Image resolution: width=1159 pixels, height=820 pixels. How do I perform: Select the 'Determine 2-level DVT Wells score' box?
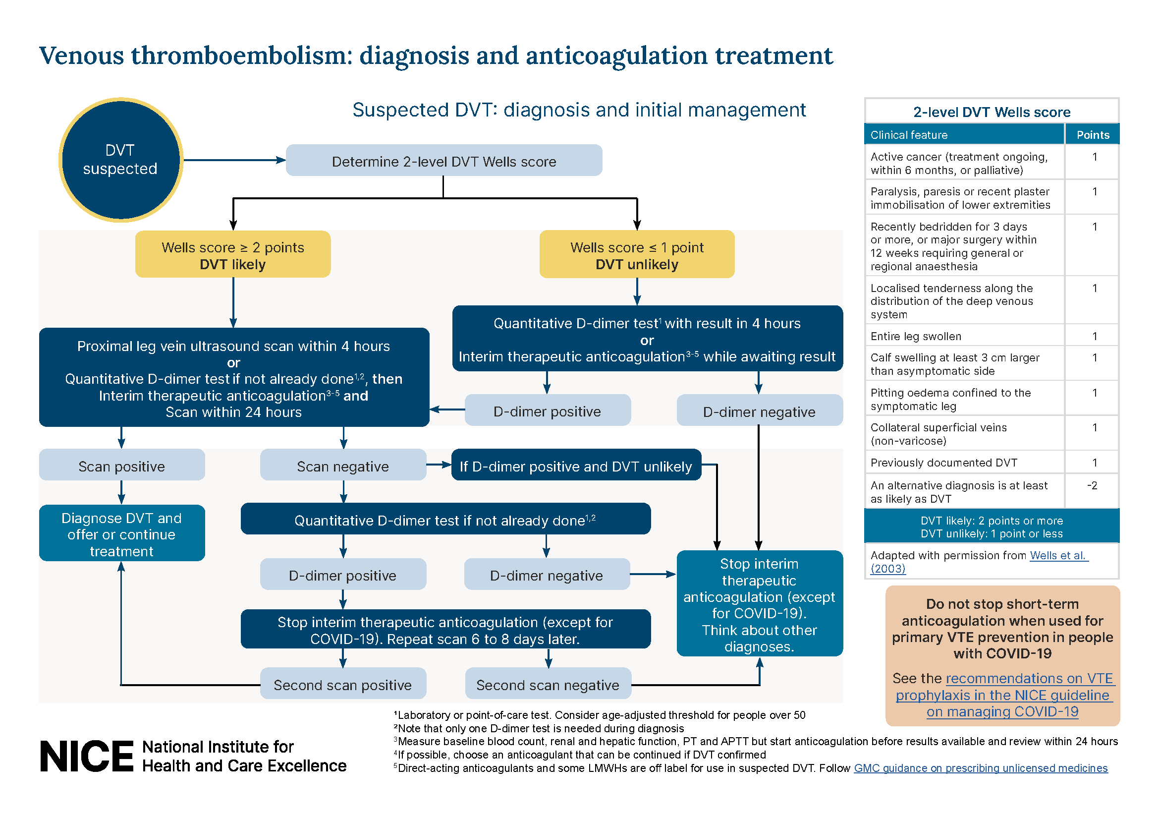click(x=443, y=161)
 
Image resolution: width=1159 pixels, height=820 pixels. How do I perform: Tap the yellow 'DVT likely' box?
click(x=233, y=255)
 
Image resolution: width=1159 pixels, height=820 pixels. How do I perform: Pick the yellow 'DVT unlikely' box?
click(x=637, y=255)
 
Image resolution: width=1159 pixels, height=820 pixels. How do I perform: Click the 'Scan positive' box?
click(x=122, y=466)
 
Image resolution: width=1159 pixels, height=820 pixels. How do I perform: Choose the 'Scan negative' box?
click(x=343, y=466)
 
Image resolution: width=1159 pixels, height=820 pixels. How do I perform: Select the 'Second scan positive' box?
click(x=343, y=684)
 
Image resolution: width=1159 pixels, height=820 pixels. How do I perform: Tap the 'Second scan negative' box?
click(x=548, y=684)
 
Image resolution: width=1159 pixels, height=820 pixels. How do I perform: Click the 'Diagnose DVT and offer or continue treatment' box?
click(x=122, y=534)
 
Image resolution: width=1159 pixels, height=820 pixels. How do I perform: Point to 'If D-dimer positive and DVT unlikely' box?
click(x=575, y=466)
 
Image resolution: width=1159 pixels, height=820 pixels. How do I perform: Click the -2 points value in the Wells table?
click(x=1092, y=485)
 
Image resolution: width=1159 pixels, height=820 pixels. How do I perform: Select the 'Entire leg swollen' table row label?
click(x=916, y=336)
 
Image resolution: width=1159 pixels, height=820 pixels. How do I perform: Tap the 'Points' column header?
click(x=1093, y=135)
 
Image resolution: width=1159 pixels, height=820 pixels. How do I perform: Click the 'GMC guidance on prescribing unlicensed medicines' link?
click(x=980, y=768)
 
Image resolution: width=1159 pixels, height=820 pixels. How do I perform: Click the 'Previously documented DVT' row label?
click(x=943, y=463)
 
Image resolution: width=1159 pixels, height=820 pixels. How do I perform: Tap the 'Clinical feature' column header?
click(x=909, y=135)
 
